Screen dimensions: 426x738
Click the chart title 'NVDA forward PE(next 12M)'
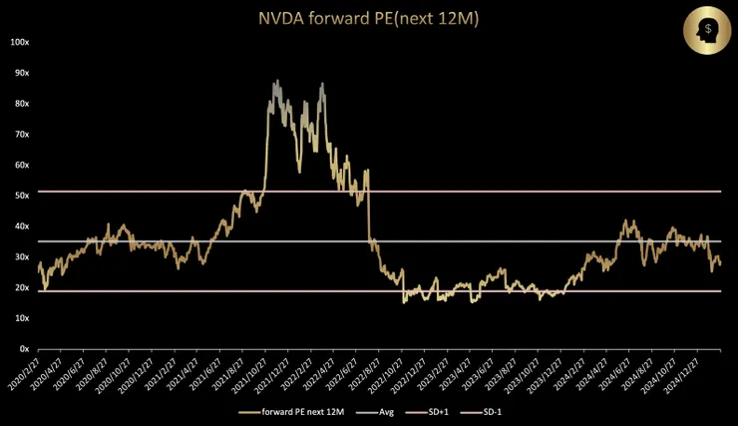(368, 18)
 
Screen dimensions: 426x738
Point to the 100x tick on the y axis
(18, 42)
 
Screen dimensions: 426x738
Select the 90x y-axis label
(20, 73)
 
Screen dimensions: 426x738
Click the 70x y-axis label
(20, 135)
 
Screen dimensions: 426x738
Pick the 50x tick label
(20, 196)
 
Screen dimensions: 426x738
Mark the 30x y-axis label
(20, 257)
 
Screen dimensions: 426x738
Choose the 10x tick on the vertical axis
(20, 318)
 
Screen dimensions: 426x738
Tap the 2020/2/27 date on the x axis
(25, 373)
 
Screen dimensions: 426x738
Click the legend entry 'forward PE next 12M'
(300, 412)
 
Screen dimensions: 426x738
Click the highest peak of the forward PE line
(276, 81)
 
